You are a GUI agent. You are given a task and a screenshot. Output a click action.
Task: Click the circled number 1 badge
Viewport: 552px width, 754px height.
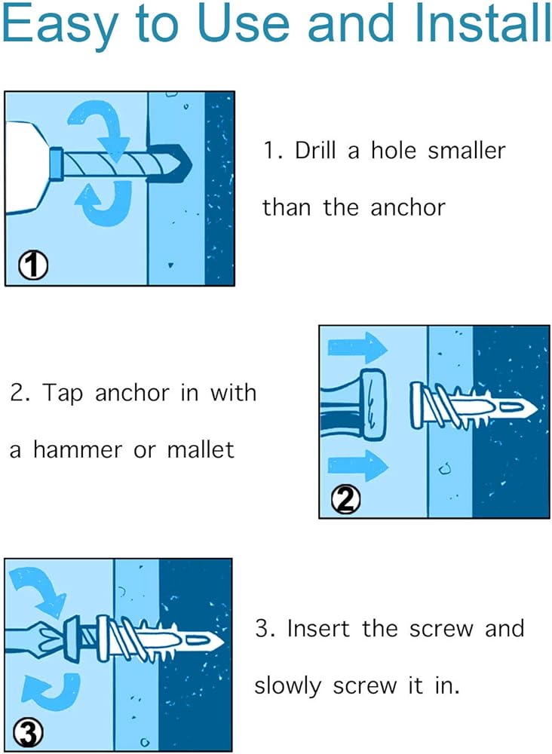coord(33,266)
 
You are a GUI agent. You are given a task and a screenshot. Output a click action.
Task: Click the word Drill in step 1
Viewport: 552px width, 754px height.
coord(315,151)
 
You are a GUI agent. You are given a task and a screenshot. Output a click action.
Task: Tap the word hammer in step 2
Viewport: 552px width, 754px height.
coord(78,450)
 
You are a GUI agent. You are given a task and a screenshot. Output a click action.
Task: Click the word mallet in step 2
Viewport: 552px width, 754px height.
coord(201,450)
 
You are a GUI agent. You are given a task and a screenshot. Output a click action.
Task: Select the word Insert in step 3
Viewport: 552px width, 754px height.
coord(317,629)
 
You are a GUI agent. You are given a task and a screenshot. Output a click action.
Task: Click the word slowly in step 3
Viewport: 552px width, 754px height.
coord(287,686)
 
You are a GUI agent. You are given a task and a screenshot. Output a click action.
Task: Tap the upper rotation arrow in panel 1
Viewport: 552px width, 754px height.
coord(100,127)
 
